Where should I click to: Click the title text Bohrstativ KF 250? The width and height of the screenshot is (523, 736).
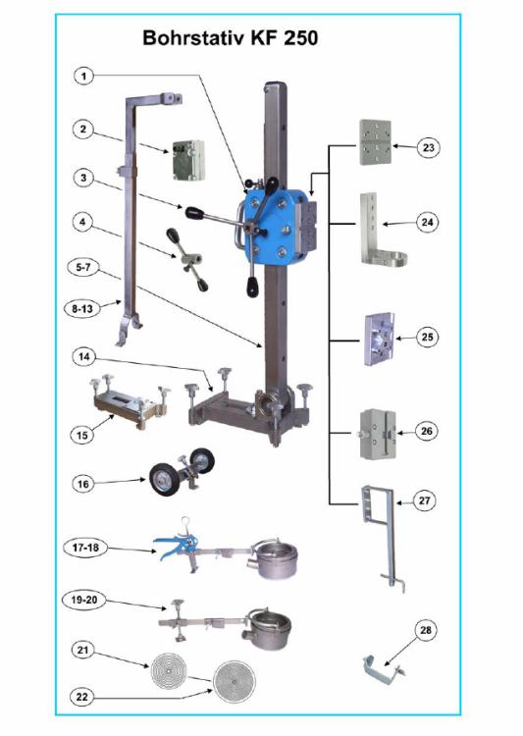tap(230, 38)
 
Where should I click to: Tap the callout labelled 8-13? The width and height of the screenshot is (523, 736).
tap(83, 307)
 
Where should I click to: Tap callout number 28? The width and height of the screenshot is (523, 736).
tap(426, 629)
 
